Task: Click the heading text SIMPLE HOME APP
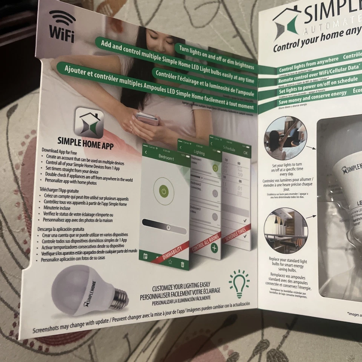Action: tap(85, 143)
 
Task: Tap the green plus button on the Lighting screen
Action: tap(214, 248)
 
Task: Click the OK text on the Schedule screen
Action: tap(245, 153)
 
